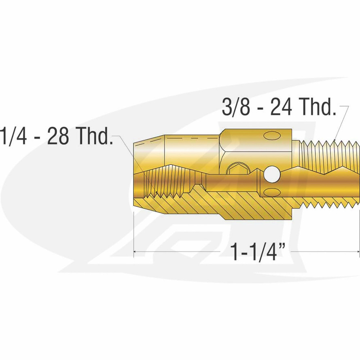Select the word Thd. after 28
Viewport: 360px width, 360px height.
click(94, 138)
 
